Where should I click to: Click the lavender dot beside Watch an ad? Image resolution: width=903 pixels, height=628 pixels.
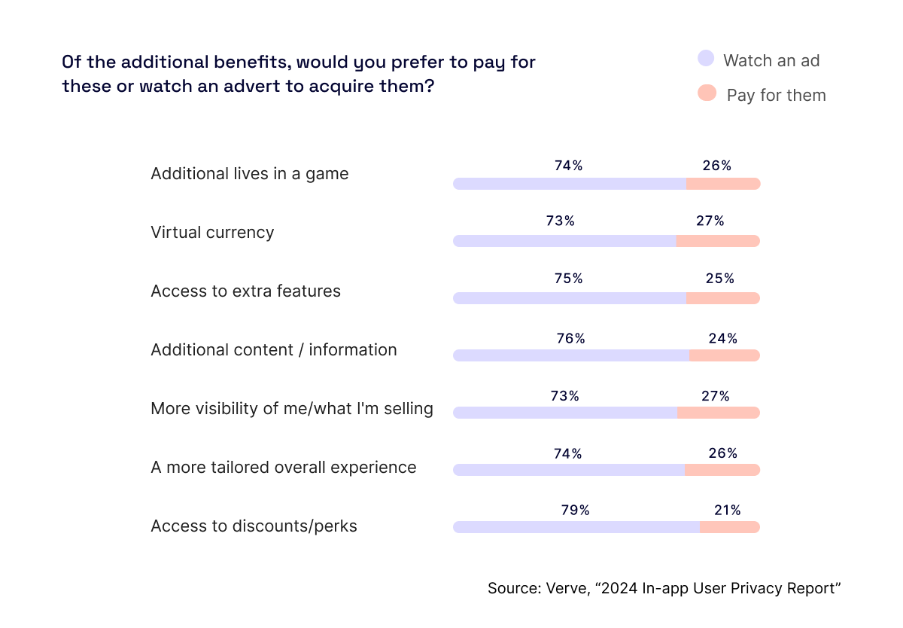706,59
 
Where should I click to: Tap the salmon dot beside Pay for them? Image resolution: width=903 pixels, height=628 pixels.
706,93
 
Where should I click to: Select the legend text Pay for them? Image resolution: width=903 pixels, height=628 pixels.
776,95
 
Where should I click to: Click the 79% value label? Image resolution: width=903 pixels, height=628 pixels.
575,511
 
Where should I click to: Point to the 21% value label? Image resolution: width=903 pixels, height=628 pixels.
727,511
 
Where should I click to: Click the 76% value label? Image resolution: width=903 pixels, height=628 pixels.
570,339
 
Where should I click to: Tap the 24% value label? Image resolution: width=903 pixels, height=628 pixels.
722,339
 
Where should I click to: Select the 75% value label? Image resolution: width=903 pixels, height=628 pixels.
568,279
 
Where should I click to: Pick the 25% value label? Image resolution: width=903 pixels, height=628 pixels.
719,279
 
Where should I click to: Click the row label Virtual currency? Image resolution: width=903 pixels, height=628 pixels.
212,232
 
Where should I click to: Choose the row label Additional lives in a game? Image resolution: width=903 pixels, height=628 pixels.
249,174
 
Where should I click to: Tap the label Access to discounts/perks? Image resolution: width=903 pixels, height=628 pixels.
254,526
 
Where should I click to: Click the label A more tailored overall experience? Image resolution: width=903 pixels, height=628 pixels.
283,467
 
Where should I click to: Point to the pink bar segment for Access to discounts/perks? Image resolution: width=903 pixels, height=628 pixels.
729,527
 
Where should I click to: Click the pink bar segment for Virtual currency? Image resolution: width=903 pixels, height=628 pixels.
718,241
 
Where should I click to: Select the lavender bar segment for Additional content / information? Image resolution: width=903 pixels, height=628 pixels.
570,355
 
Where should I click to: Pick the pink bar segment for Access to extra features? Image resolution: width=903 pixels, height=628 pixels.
722,298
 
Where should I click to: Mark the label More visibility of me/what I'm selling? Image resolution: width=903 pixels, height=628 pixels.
292,408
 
